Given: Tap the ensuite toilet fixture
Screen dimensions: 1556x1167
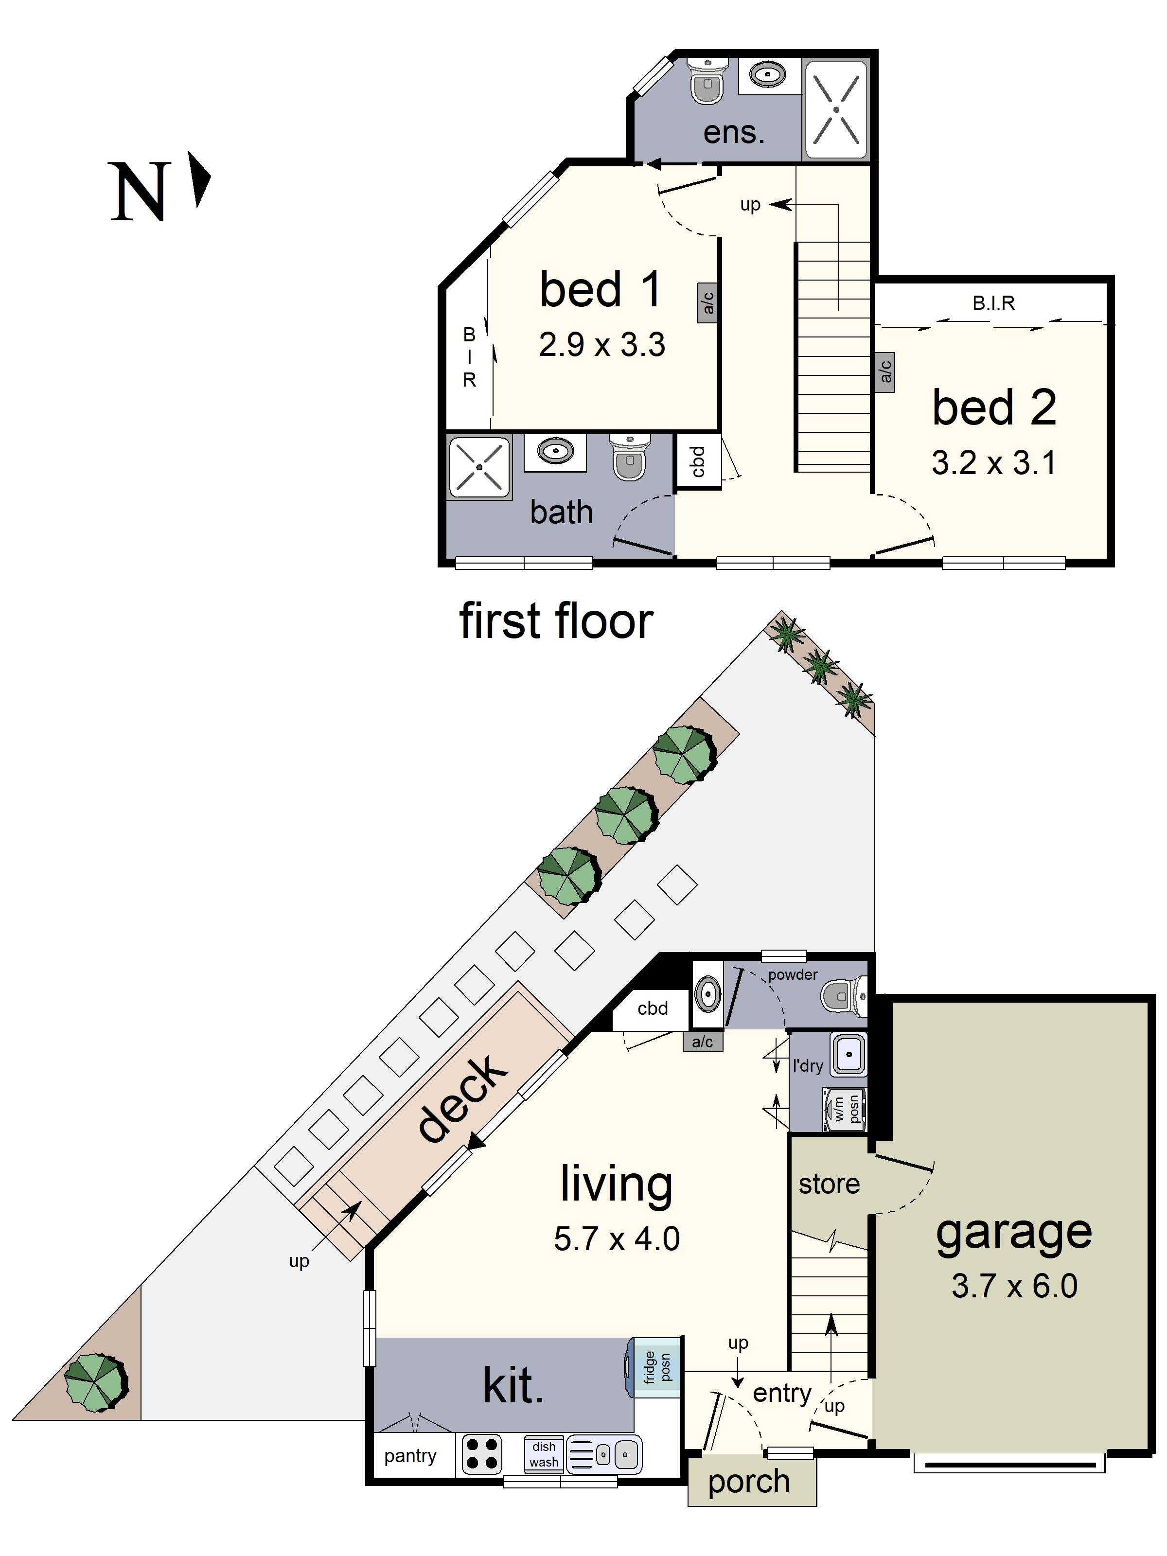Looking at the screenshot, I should pyautogui.click(x=707, y=80).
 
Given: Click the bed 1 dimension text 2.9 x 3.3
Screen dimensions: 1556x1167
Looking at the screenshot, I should pyautogui.click(x=601, y=345).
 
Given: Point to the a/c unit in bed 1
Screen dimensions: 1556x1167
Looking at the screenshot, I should pyautogui.click(x=707, y=302).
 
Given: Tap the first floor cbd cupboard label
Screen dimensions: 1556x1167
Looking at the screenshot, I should pyautogui.click(x=697, y=461).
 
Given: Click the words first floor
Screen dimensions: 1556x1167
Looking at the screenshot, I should pyautogui.click(x=556, y=621).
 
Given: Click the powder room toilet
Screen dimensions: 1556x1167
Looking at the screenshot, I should pyautogui.click(x=844, y=996).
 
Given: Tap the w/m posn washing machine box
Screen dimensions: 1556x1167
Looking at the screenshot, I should pyautogui.click(x=845, y=1109).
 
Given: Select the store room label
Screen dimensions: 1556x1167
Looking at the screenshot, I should pyautogui.click(x=829, y=1184).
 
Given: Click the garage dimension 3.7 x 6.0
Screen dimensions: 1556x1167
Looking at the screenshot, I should pyautogui.click(x=1014, y=1286).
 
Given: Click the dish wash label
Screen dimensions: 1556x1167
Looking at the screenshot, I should pyautogui.click(x=543, y=1453).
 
